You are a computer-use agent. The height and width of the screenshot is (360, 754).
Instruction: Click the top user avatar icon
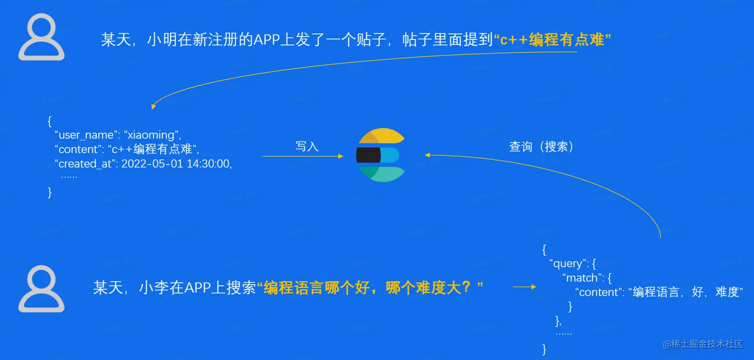[x=41, y=37]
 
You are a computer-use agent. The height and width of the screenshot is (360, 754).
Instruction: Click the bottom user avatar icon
[x=41, y=289]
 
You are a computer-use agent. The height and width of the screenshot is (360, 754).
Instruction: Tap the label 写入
[x=307, y=146]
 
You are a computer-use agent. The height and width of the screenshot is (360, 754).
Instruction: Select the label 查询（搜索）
[x=541, y=146]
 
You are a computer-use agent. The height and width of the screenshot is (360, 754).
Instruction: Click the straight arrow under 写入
[x=302, y=157]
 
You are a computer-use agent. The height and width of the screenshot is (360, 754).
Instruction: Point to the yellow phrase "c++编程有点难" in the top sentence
[x=552, y=40]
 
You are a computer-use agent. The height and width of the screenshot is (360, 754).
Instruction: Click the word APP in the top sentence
[x=269, y=40]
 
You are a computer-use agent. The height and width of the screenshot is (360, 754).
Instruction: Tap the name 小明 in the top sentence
[x=159, y=40]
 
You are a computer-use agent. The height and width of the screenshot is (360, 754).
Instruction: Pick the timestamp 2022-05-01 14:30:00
[x=177, y=164]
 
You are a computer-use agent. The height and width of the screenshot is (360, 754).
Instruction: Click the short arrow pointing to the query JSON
[x=524, y=287]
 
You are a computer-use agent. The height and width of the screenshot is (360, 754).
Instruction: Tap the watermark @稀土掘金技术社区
[x=703, y=344]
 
